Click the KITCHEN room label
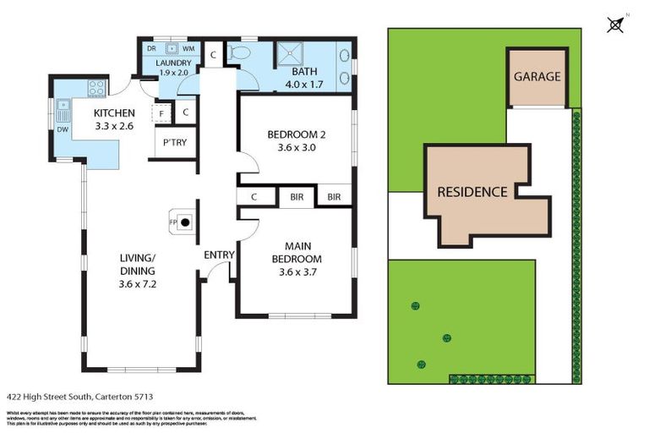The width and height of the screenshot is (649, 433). [113, 113]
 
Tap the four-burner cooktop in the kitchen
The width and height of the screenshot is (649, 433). [95, 86]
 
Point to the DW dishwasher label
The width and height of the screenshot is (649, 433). [63, 129]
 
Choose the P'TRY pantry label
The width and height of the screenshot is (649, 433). [175, 142]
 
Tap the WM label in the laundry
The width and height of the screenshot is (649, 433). [188, 49]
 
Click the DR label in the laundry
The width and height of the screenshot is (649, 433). [152, 49]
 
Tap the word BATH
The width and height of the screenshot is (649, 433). [304, 73]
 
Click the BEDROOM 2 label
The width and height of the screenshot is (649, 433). [296, 134]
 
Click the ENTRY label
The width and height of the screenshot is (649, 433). [219, 255]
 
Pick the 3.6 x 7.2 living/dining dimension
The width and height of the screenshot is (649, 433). [138, 283]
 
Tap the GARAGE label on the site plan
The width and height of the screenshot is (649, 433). [537, 76]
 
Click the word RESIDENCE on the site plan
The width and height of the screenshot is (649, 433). [472, 192]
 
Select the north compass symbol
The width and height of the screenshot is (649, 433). [617, 23]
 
